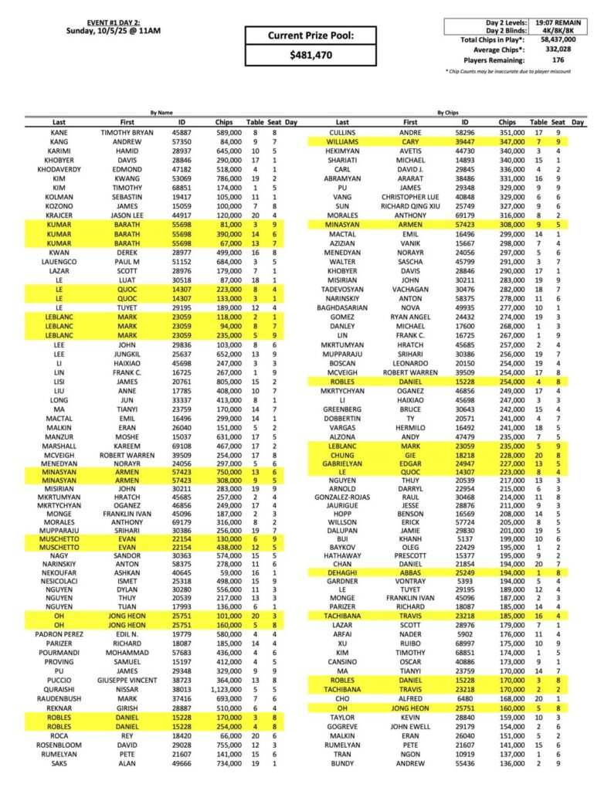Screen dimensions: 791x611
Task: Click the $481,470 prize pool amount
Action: (311, 56)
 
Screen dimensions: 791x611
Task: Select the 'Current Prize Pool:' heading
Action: (311, 36)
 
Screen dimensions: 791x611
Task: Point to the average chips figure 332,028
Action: (560, 49)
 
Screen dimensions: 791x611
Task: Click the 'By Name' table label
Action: (162, 113)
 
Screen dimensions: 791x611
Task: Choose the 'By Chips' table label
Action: (448, 113)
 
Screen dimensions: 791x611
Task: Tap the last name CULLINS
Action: (342, 133)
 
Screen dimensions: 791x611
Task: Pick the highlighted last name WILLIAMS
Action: (342, 142)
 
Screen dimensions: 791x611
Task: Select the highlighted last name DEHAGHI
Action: (342, 572)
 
